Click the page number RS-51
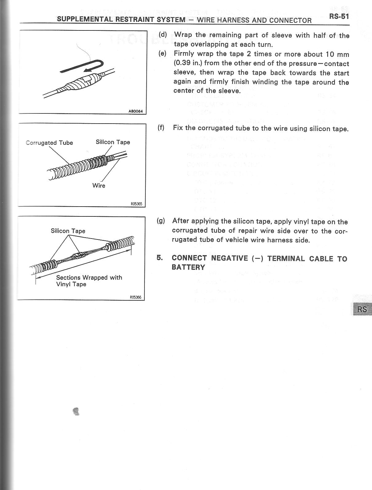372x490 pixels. [339, 16]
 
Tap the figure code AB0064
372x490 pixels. [137, 111]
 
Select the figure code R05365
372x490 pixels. [136, 204]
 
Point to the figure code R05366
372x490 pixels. [135, 297]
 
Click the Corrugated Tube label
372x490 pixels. [49, 143]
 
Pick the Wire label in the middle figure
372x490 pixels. [99, 186]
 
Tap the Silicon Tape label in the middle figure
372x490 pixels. [113, 142]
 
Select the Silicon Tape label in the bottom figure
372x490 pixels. [68, 231]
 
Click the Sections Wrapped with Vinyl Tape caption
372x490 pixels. [89, 281]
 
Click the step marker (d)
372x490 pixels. [163, 35]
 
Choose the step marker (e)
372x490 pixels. [163, 54]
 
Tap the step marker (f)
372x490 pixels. [161, 128]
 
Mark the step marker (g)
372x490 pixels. [161, 221]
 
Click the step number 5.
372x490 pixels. [159, 258]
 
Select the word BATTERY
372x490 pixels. [188, 267]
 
